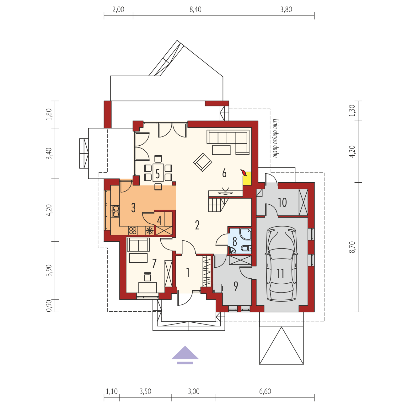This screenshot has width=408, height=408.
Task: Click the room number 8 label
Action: pos(234,242)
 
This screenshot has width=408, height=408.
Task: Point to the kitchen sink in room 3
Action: pos(115,211)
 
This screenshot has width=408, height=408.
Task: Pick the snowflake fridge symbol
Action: pos(150,231)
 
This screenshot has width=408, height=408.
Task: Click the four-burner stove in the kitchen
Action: pos(133,231)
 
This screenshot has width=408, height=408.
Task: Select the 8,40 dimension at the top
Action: pos(195,9)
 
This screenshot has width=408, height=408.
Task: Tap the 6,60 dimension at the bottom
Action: pos(265,391)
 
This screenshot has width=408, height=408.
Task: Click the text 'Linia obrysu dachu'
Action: pos(276,138)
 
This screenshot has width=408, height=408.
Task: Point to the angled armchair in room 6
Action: pos(203,162)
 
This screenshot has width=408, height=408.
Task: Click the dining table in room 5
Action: pos(158,173)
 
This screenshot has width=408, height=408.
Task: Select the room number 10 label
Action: pos(282,202)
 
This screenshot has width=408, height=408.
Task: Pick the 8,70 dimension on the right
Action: pos(352,247)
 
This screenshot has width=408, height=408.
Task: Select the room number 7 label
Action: pos(154,264)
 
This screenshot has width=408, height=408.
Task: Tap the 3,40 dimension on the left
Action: pos(49,153)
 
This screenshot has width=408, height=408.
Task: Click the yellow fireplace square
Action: pos(247,178)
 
